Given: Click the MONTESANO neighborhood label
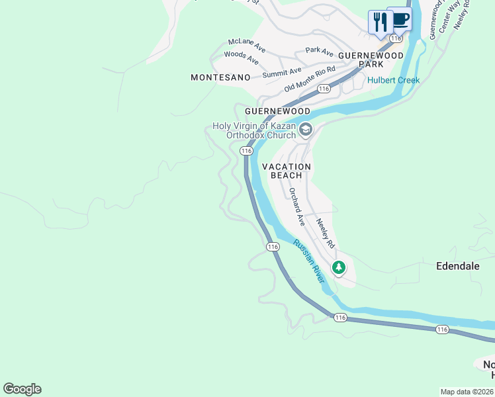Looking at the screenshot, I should coord(220,77).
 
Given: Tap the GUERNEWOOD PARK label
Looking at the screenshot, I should coord(371,60).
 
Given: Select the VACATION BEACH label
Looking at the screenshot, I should coord(287,171).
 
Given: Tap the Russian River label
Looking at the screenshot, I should coord(310,261).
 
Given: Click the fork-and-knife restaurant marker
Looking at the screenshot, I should coord(380,21).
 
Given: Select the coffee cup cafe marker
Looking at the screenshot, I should coord(399,19).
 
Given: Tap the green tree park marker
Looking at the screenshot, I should coord(339,267).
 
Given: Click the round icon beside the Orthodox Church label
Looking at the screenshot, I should coord(305,129).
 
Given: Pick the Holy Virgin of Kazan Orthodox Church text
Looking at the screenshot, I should coord(254,130).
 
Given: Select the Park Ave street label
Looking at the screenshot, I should coord(319,50).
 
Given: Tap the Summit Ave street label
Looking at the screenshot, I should coord(281,73).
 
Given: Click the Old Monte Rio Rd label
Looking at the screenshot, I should coord(310,79).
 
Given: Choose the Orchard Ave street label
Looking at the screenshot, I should coord(295,206).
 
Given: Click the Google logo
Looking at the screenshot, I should coord(22,389).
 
